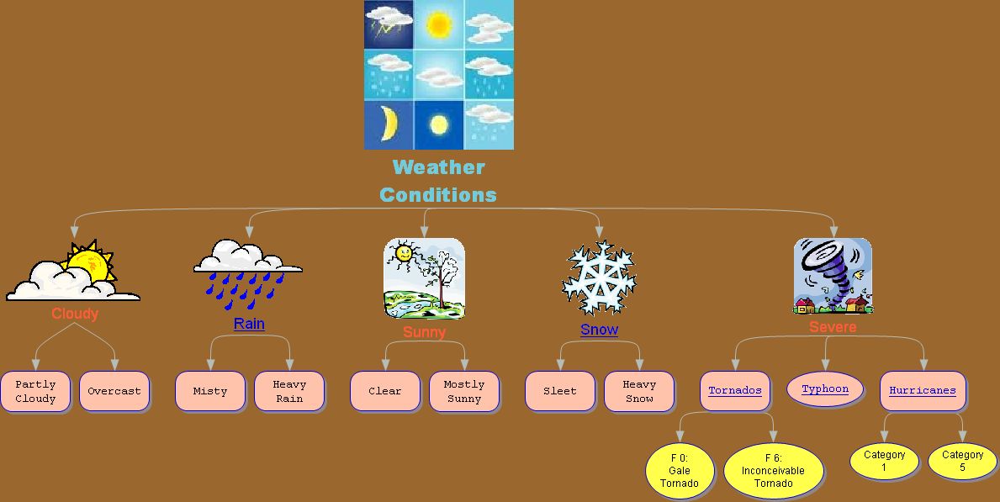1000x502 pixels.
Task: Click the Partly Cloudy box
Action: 35,391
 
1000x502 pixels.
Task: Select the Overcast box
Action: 114,391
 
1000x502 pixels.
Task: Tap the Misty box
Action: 210,391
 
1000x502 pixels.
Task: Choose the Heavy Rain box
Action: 289,391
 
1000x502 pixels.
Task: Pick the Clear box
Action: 385,391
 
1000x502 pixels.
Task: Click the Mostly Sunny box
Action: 464,391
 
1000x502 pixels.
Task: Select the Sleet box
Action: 560,391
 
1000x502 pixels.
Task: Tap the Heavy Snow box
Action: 639,391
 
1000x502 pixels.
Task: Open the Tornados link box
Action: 735,391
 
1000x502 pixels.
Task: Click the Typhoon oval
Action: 825,389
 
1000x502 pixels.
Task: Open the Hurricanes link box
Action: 923,391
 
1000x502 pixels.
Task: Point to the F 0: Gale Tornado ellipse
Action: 680,471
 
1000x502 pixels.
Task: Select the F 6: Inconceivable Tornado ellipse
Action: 773,471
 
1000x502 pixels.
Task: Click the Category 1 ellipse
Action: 884,461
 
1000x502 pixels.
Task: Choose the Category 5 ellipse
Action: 962,461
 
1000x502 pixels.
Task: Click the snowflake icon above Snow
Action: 600,278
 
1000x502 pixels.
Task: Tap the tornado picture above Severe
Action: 833,276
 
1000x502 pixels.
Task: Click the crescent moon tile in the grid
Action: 389,124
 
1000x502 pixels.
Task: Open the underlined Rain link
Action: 249,324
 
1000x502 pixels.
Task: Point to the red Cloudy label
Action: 75,314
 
